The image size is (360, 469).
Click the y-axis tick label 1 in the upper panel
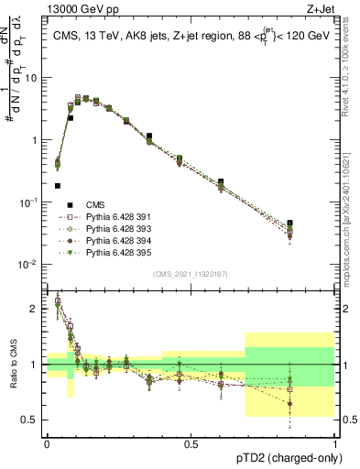[x=35, y=140]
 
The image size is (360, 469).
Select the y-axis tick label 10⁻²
[x=29, y=265]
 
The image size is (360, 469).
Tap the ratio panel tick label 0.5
[x=31, y=420]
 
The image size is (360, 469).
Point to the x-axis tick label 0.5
[x=190, y=444]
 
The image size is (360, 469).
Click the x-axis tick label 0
[x=47, y=444]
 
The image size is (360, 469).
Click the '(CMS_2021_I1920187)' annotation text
[x=190, y=273]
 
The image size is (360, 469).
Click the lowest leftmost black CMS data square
[x=58, y=186]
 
